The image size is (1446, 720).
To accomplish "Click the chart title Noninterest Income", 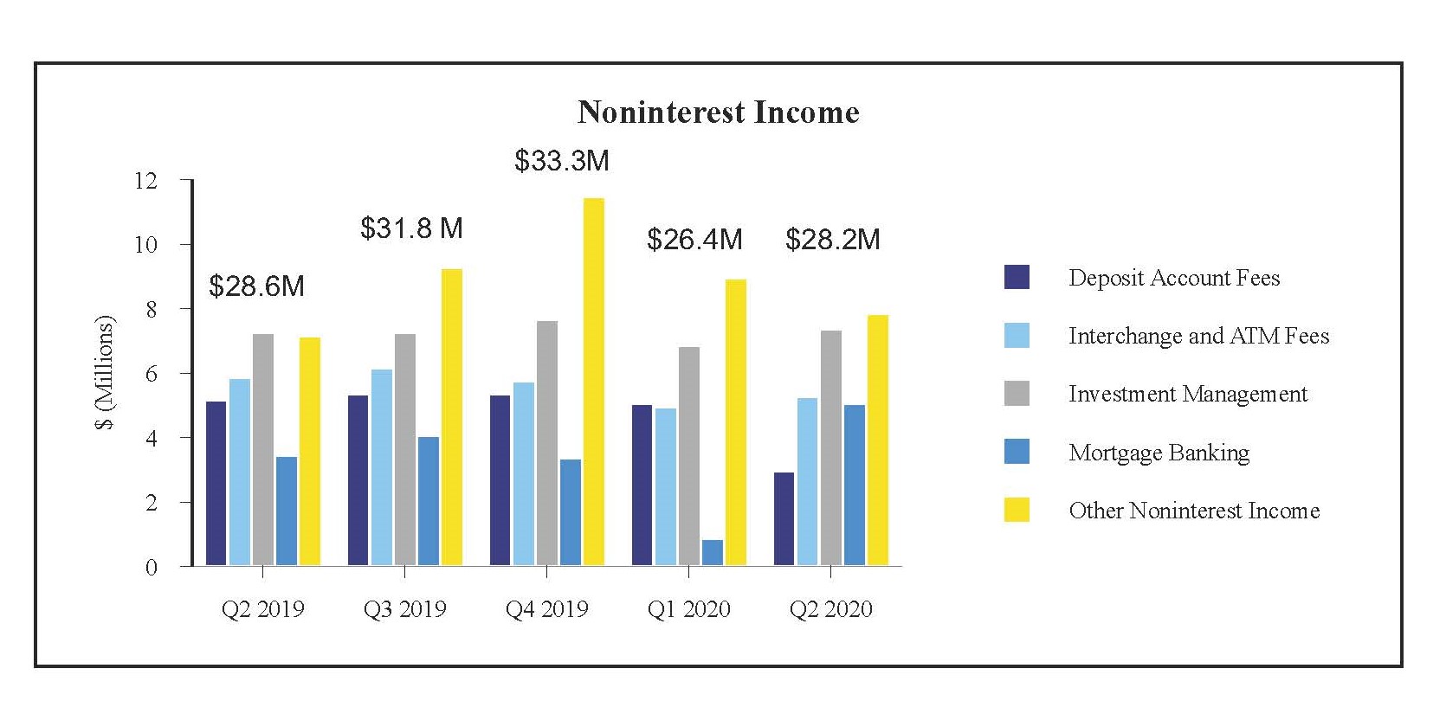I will click(x=718, y=112).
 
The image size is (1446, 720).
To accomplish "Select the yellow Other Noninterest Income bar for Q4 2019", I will click(x=594, y=382).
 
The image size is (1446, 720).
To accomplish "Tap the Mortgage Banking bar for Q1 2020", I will click(x=713, y=553).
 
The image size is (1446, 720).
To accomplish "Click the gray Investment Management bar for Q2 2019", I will click(x=263, y=450).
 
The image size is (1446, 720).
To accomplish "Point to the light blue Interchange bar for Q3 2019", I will click(x=382, y=467).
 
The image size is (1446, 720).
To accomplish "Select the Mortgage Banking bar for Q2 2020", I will click(x=854, y=485).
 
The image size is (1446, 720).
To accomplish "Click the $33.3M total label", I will click(x=562, y=161).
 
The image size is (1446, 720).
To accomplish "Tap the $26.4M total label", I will click(x=694, y=240).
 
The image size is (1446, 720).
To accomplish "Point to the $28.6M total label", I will click(x=256, y=286).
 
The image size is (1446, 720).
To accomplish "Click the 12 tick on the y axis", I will click(x=146, y=181).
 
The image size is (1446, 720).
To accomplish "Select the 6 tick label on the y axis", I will click(x=152, y=374).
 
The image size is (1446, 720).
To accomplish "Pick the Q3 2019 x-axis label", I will click(x=404, y=610).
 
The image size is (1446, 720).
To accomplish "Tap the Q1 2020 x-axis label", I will click(x=688, y=610).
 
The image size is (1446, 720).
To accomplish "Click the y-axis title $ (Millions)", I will click(x=105, y=373).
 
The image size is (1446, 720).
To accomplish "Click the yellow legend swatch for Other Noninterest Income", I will click(x=1017, y=510).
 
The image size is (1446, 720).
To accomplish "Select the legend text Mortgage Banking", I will click(x=1159, y=453).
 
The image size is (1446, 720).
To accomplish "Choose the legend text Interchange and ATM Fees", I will click(x=1198, y=336).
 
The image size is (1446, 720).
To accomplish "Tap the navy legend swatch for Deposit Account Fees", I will click(x=1017, y=277).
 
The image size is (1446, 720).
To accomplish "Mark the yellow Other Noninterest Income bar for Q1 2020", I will click(x=736, y=422).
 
